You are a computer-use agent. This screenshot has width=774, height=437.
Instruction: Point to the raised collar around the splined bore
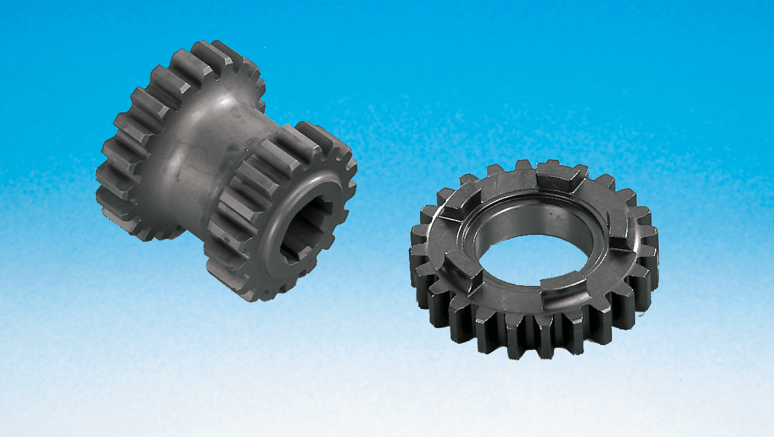(272, 204)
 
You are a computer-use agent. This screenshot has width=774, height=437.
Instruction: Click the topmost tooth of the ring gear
(524, 165)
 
